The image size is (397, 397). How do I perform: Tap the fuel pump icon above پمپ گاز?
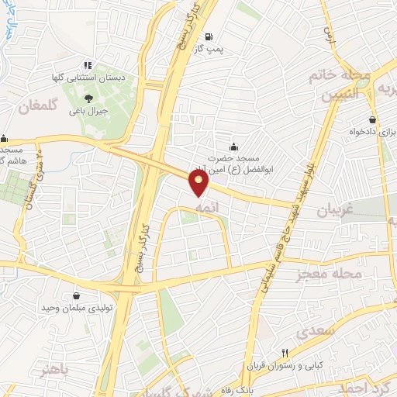[209, 36]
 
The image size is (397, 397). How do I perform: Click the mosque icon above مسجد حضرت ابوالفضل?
[233, 147]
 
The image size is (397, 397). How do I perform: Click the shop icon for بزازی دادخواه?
[373, 120]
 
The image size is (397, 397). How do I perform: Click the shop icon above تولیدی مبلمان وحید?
[76, 295]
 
